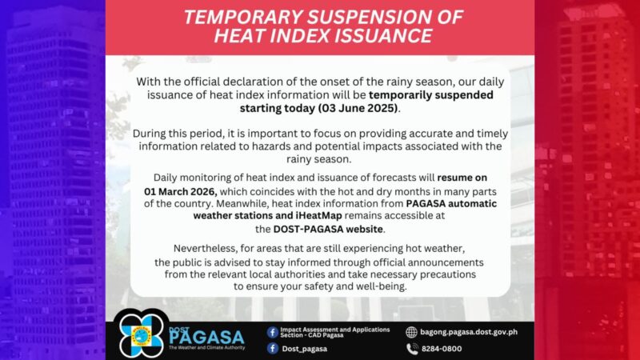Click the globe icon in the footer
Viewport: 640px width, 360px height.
pyautogui.click(x=412, y=331)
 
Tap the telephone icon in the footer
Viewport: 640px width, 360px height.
pyautogui.click(x=412, y=349)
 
